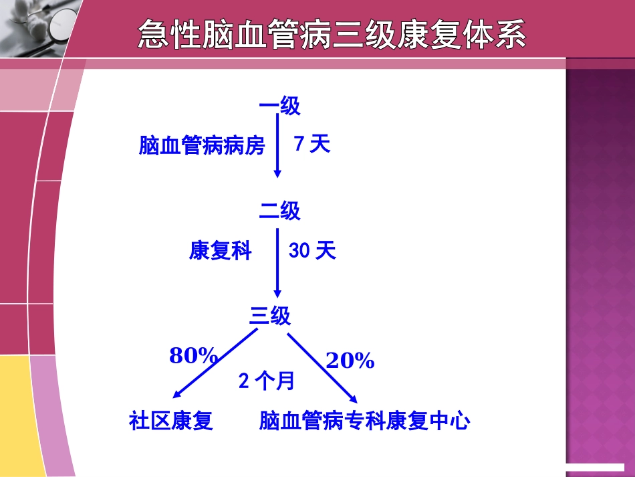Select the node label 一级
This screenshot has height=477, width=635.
(x=279, y=106)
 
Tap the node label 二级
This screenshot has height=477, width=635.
(x=279, y=211)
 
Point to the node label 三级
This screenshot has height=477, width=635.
(x=270, y=316)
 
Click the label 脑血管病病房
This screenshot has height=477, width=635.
(x=202, y=146)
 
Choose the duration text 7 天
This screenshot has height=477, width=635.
(x=312, y=144)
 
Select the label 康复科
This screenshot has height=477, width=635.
(x=220, y=252)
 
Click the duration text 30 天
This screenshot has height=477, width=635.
(x=312, y=251)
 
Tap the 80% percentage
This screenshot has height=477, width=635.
(x=193, y=356)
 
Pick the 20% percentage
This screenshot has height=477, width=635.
(x=350, y=361)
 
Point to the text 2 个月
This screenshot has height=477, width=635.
(x=266, y=381)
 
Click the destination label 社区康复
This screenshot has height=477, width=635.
(x=170, y=421)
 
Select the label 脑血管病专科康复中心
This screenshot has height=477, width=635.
(x=364, y=421)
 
